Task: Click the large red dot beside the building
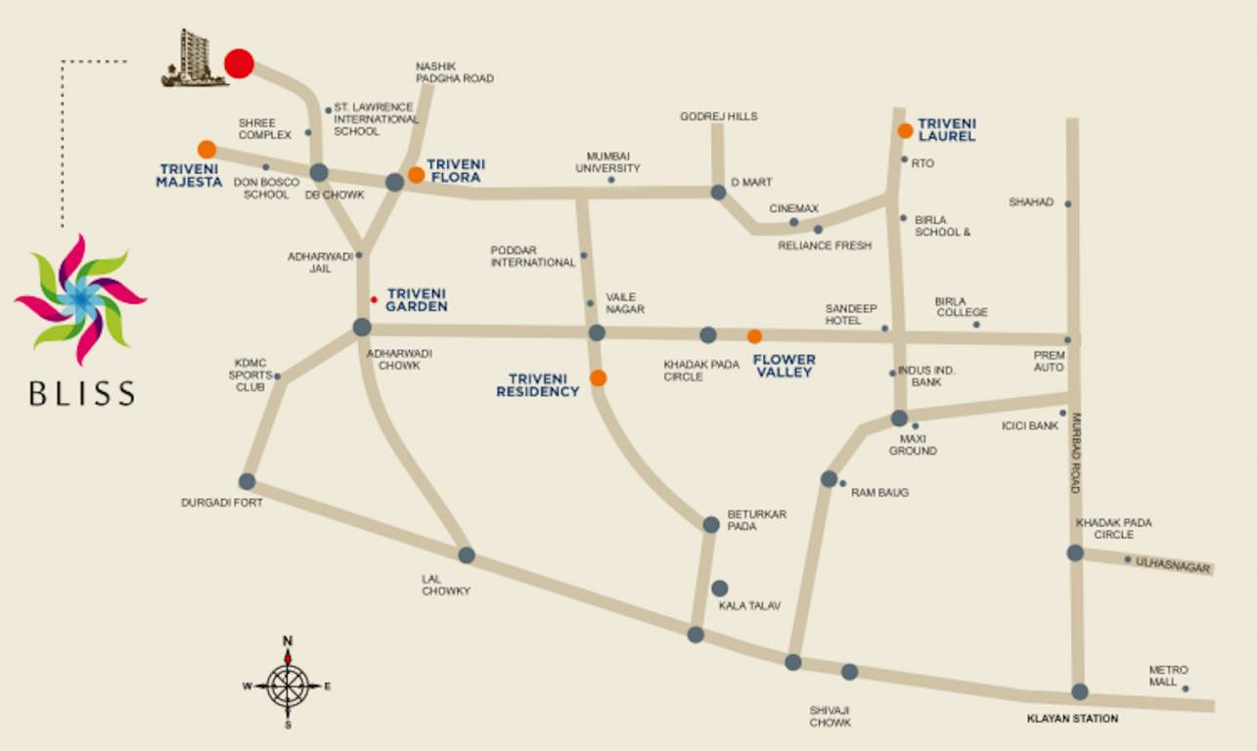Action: [239, 64]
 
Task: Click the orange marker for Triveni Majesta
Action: [206, 150]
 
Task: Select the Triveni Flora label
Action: [456, 170]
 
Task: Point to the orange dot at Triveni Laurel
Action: [906, 130]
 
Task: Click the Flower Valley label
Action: [784, 366]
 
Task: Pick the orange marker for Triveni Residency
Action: [598, 377]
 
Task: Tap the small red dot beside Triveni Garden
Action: [374, 299]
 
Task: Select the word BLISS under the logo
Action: [81, 393]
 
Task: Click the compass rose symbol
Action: [288, 685]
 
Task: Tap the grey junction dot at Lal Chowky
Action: [467, 555]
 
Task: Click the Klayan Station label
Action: [1072, 719]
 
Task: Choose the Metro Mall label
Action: [1168, 676]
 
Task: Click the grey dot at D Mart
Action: [718, 193]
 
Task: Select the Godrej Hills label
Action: [719, 116]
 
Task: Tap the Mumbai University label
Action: [613, 162]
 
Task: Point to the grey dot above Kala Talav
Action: [719, 588]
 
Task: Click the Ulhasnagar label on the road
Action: [1174, 566]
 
